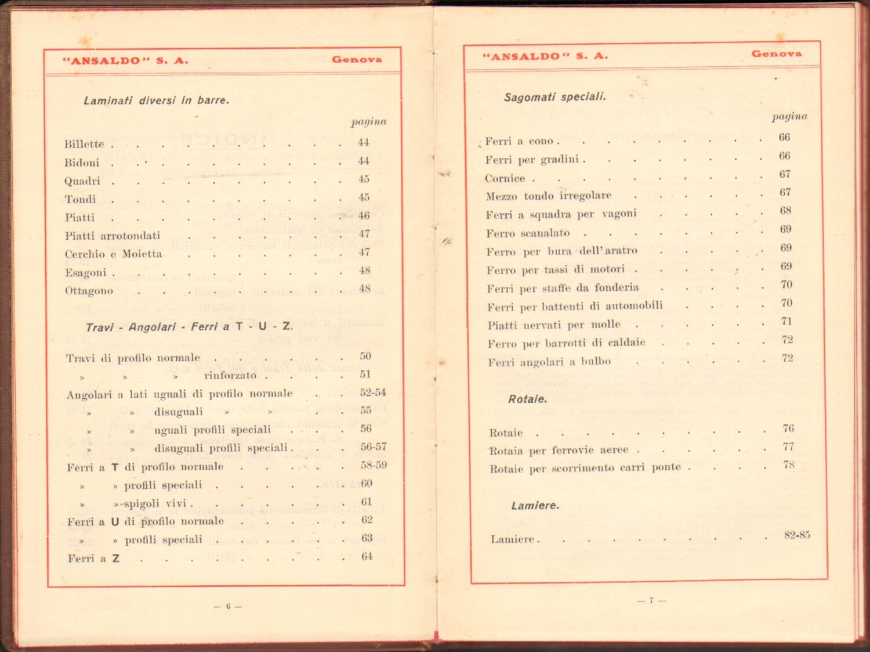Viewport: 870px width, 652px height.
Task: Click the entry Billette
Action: tap(84, 144)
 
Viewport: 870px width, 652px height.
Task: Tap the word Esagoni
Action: tap(85, 272)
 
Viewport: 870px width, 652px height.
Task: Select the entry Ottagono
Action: tap(89, 291)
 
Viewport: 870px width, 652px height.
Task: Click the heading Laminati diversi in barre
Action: tap(156, 100)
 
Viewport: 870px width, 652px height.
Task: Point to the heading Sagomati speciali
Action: tap(554, 97)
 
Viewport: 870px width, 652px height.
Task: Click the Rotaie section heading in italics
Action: tap(527, 399)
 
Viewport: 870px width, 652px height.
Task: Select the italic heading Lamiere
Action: tap(535, 506)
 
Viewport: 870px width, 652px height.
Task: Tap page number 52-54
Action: tap(372, 392)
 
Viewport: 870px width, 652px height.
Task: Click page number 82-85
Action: tap(797, 535)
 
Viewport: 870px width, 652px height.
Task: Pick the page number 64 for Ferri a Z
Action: tap(367, 556)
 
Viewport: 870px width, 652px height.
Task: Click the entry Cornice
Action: tap(505, 178)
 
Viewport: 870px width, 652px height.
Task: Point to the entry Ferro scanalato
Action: tap(528, 233)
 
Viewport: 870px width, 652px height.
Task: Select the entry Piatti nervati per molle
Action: tap(553, 325)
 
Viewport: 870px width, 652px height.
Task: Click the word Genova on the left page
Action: tap(357, 59)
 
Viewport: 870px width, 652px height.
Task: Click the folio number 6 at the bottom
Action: tap(228, 606)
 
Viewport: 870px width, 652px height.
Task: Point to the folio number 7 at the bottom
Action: tap(651, 600)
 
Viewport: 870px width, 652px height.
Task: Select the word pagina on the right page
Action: tap(789, 117)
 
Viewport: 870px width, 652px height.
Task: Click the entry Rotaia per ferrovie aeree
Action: tap(559, 451)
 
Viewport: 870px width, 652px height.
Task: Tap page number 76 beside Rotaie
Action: tap(788, 428)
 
